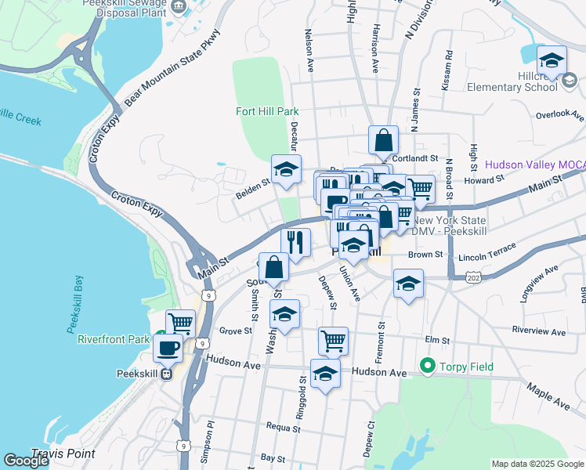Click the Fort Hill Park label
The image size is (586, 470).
tap(267, 111)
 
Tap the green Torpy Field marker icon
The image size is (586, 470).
tap(428, 365)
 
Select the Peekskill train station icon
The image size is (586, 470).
tap(166, 374)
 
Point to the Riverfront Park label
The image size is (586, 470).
tap(113, 339)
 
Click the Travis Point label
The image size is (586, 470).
tap(63, 454)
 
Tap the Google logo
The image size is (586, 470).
tap(26, 461)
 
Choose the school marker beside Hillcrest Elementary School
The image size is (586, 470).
tap(552, 60)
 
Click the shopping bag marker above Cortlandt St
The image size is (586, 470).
tap(384, 141)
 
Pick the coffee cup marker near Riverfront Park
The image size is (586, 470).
tap(168, 347)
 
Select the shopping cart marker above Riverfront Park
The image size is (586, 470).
tap(180, 322)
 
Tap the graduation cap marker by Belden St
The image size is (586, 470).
tap(286, 169)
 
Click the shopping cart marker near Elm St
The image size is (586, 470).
tap(333, 341)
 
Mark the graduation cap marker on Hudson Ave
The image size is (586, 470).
tap(325, 373)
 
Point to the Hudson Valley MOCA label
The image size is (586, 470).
tap(534, 164)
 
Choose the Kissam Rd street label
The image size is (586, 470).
tap(447, 71)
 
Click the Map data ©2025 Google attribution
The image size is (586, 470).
tap(537, 464)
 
